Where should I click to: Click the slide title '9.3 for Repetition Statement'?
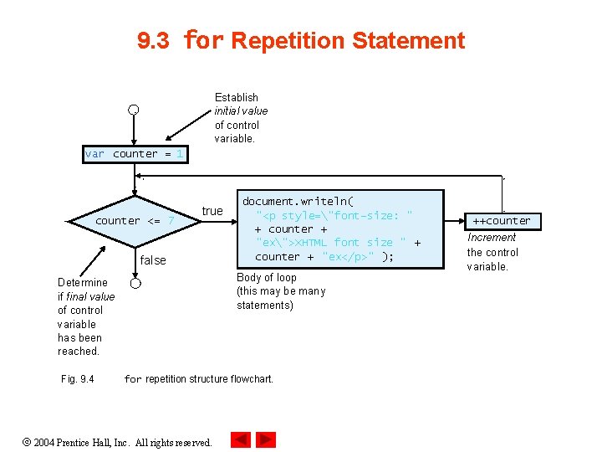300,40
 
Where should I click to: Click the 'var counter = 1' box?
135,154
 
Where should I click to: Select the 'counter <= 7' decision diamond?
135,221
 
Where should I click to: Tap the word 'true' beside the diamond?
212,211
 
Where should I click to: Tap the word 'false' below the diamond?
153,260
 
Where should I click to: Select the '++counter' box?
502,221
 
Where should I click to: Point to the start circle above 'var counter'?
134,110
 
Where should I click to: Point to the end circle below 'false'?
135,284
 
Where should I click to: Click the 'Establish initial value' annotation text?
241,118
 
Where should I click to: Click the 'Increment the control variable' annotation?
492,252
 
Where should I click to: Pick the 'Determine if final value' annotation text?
85,316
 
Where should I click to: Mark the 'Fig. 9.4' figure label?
78,379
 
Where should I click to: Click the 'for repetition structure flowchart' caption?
198,379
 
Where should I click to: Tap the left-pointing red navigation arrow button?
241,439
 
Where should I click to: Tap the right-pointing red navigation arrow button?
266,439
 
